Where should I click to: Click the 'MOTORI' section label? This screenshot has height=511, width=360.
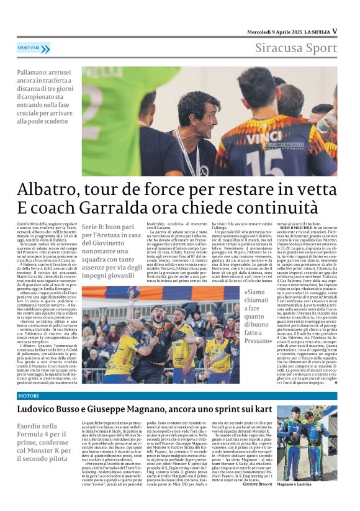[29, 396]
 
